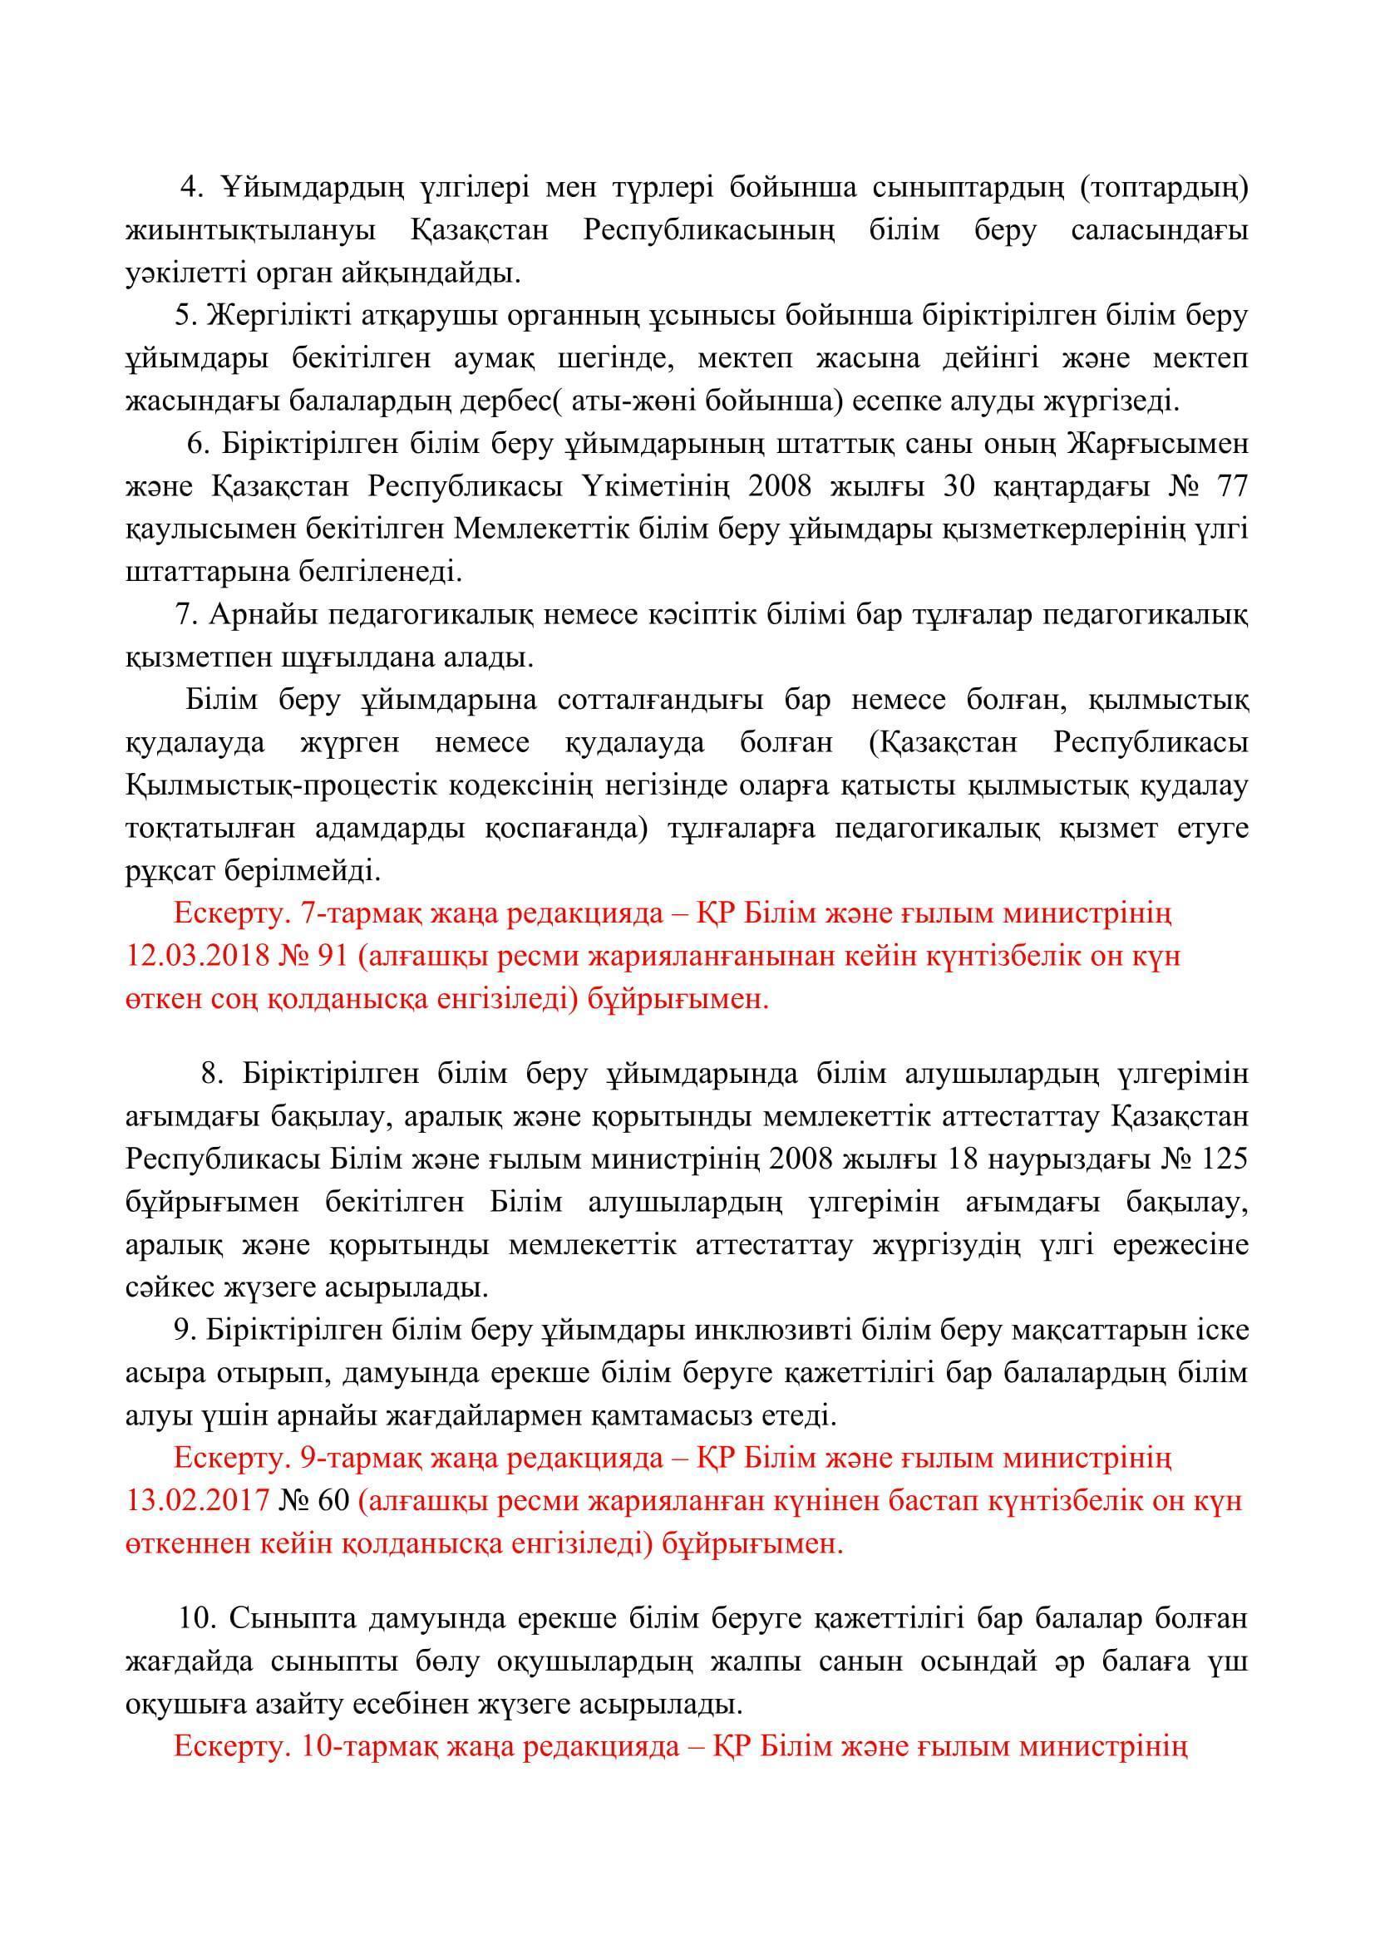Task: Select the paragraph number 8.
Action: pos(212,1075)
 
